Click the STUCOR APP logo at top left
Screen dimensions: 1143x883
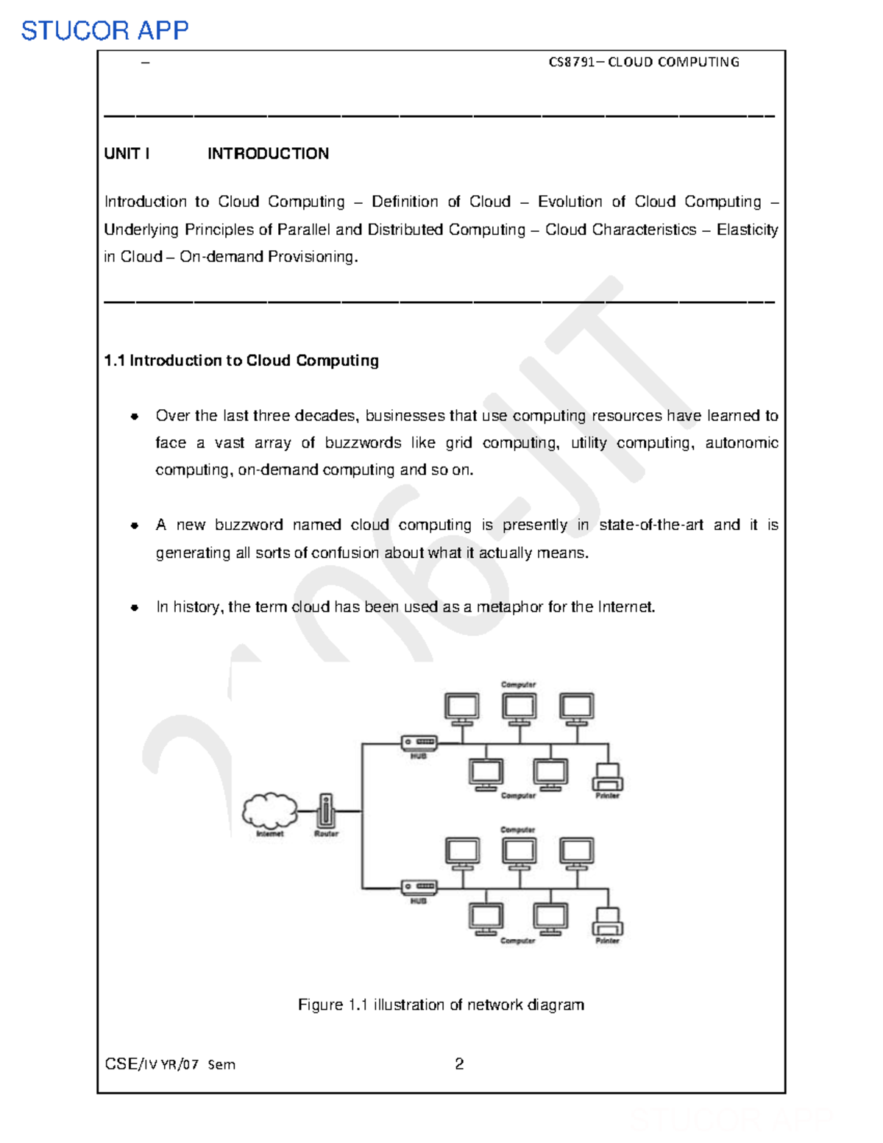tap(104, 30)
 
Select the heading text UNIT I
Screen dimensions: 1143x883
tap(127, 154)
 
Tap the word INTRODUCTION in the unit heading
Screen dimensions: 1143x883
tap(268, 154)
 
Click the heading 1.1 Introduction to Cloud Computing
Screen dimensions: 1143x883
tap(241, 361)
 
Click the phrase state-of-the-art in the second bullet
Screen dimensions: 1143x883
tap(650, 526)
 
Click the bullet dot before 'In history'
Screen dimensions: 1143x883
tap(135, 608)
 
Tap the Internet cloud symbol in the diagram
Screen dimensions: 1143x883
tap(270, 810)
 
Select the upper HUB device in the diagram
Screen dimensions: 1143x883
tap(419, 742)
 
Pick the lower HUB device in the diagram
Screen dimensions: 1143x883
tap(419, 887)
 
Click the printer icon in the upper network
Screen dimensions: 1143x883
tap(608, 777)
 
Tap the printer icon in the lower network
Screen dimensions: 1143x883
tap(608, 922)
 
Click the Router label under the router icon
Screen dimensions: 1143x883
tap(326, 834)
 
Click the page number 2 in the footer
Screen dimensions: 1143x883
tap(459, 1064)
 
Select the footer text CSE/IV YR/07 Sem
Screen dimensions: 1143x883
tap(170, 1064)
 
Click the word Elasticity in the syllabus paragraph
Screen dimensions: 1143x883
tap(747, 230)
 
